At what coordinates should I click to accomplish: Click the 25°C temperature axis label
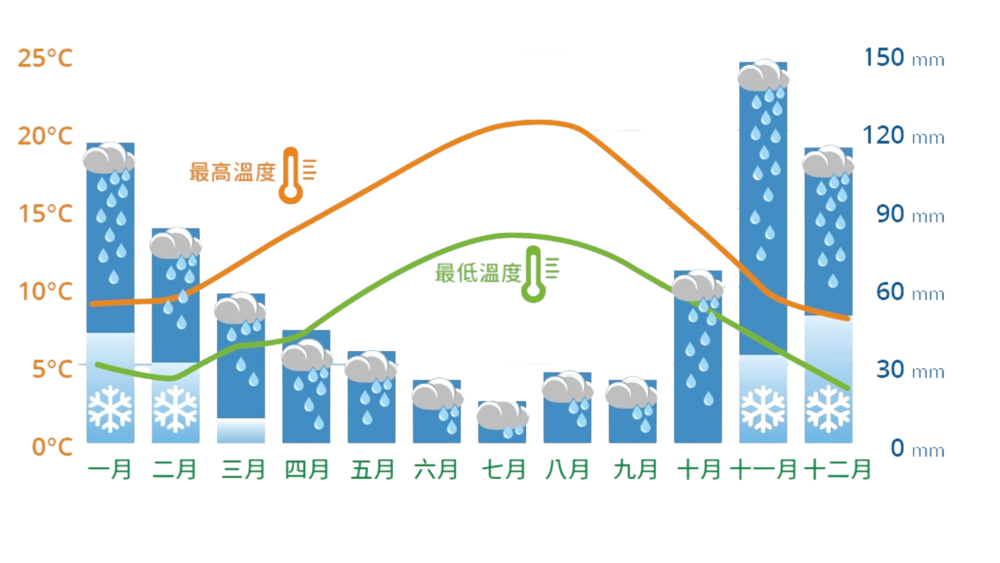45,58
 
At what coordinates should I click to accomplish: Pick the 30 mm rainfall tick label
909,370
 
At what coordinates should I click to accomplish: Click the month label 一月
110,469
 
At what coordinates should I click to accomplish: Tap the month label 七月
503,469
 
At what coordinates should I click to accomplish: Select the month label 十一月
763,469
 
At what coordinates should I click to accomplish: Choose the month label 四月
307,469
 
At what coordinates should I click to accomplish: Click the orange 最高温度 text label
232,172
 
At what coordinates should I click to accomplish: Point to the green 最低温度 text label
478,273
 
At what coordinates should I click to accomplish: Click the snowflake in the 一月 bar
110,409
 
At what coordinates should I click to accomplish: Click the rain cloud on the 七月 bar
503,415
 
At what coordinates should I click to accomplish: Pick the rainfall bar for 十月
698,365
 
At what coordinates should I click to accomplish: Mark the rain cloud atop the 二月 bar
175,242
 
